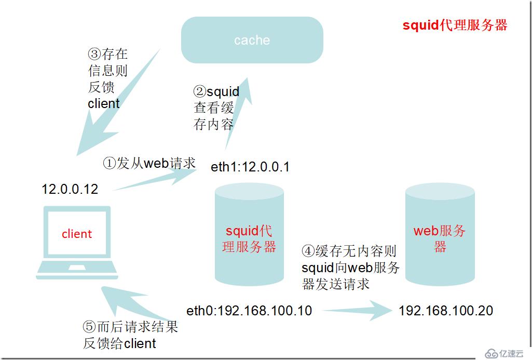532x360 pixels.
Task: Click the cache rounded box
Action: tap(252, 40)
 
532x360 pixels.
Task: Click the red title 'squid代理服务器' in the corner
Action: tap(455, 25)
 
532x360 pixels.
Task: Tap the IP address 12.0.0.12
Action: tap(70, 189)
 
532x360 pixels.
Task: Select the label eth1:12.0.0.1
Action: tap(250, 167)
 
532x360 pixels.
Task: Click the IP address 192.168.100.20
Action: tap(446, 311)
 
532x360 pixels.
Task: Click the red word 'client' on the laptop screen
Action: tap(77, 234)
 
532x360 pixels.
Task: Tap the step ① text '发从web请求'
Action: tap(149, 163)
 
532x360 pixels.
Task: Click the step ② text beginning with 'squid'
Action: tap(216, 108)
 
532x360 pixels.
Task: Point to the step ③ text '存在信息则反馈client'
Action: tap(107, 78)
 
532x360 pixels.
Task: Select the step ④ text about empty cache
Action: tap(350, 268)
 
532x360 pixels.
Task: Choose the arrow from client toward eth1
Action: tap(156, 179)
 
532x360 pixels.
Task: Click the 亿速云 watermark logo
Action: tap(503, 353)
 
